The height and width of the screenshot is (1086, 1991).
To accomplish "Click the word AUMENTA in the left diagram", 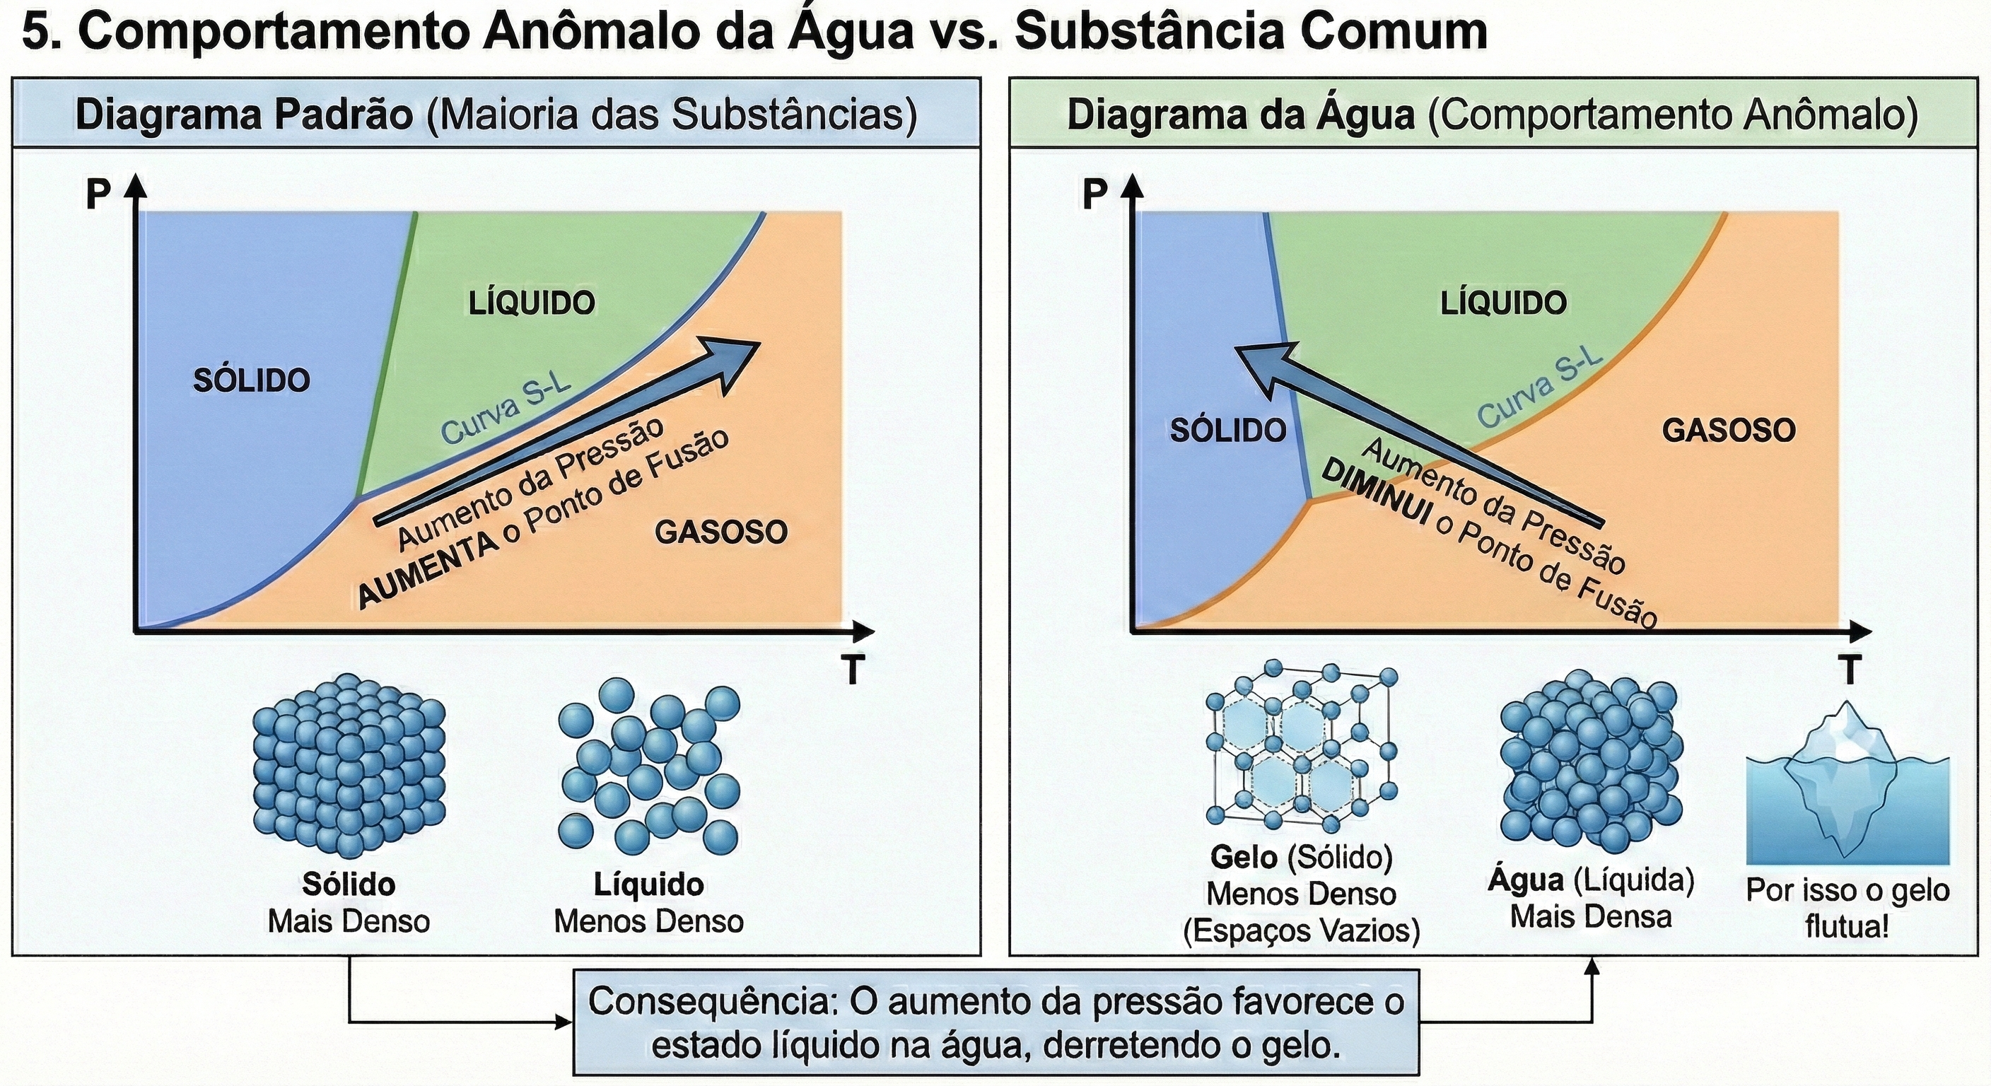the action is click(429, 570).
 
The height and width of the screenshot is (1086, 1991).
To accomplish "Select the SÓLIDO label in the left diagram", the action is click(251, 380).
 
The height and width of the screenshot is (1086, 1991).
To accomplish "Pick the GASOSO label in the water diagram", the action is click(1729, 431).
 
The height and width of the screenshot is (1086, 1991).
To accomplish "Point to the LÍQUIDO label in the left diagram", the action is click(532, 302).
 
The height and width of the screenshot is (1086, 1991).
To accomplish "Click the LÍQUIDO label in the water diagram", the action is click(1503, 302).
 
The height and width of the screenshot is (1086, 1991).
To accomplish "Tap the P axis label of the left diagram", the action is click(98, 194).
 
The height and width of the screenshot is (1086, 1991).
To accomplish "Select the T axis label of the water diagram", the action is click(1850, 670).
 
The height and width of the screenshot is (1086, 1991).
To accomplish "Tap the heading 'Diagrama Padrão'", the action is click(244, 115).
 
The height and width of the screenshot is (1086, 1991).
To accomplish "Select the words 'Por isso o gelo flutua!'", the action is click(1848, 909).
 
